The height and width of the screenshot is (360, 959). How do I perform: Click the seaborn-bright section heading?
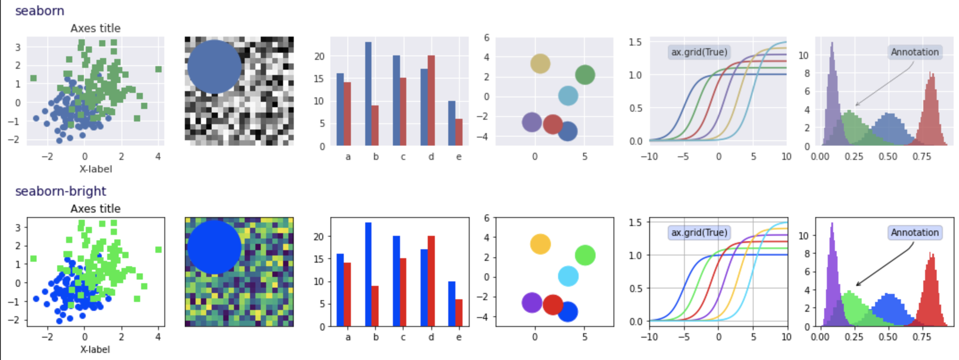coord(61,191)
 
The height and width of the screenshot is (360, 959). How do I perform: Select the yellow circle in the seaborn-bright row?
coord(540,244)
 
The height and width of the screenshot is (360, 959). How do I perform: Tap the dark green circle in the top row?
coord(585,75)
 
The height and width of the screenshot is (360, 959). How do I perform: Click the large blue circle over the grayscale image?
coord(214,67)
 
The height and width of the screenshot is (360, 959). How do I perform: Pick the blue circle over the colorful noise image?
coord(214,247)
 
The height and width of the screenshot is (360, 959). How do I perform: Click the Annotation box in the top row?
coord(915,52)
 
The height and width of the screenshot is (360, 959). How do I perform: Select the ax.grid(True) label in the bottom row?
coord(699,233)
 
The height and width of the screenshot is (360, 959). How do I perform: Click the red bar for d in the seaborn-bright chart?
coord(431,281)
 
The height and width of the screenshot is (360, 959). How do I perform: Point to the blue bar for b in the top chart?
coord(368,94)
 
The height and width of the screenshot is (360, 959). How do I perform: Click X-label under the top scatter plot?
coord(96,169)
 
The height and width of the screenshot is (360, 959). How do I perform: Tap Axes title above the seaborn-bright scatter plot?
coord(96,209)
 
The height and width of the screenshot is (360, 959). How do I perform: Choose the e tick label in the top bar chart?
coord(459,157)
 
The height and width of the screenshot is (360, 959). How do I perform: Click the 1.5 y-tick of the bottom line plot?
coord(635,222)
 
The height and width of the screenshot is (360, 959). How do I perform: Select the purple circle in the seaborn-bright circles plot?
coord(532,303)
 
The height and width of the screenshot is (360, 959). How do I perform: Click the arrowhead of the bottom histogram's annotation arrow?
coord(857,285)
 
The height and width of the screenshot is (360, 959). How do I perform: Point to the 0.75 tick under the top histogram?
coord(921,157)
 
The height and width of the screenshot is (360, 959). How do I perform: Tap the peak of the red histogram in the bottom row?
coord(930,253)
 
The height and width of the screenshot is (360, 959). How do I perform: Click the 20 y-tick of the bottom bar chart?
coord(319,236)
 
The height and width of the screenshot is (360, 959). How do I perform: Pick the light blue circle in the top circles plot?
coord(568,96)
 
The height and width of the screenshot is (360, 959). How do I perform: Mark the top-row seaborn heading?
coord(40,11)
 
